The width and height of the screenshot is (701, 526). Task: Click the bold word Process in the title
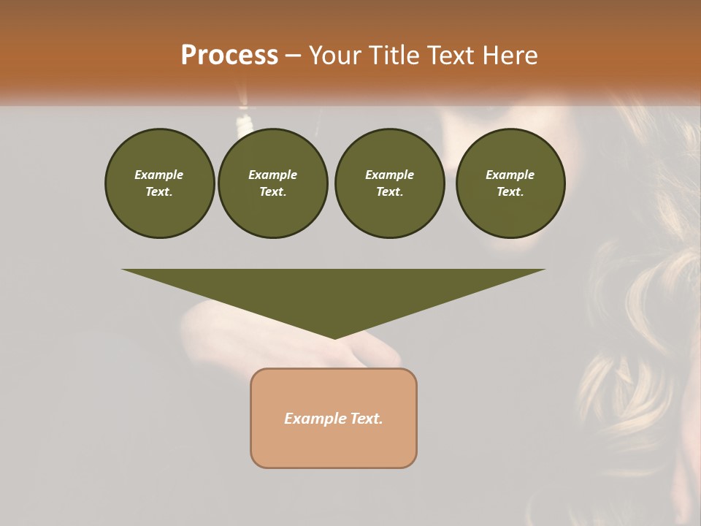229,56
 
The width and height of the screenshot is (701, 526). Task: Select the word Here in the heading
510,56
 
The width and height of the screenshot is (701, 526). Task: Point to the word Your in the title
334,56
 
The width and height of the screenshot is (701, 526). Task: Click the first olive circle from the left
159,183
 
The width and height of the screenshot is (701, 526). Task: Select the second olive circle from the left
272,183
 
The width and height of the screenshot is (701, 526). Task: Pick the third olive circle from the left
389,183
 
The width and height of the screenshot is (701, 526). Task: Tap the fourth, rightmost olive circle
510,183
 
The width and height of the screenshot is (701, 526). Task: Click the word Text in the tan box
367,419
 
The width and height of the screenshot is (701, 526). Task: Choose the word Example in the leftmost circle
159,175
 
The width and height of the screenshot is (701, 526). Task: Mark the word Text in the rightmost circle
510,192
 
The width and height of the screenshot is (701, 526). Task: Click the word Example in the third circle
389,175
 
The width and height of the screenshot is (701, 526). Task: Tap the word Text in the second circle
272,192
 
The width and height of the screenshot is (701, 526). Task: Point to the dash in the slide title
294,56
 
